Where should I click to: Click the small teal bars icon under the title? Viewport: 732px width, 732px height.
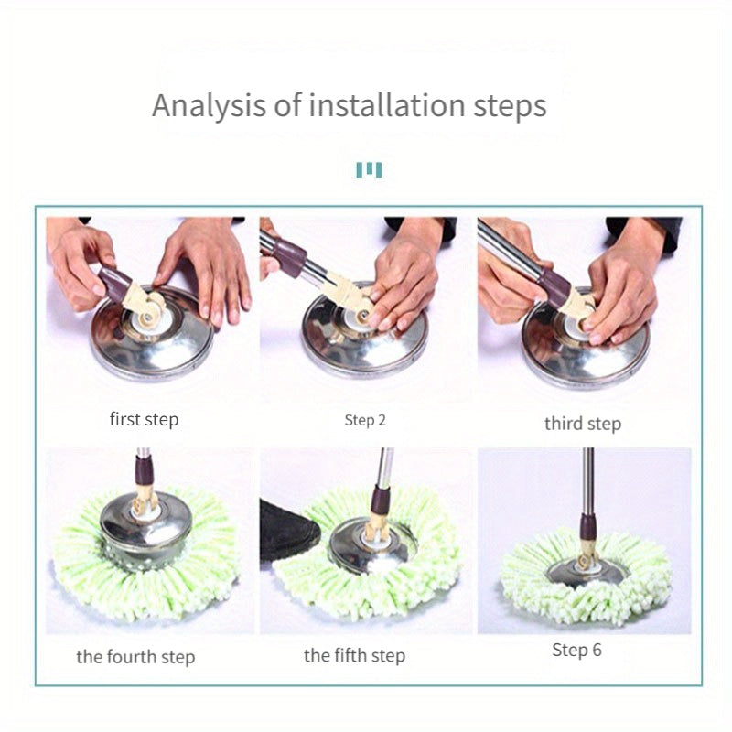(369, 169)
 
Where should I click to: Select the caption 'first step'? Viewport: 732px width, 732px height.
(144, 420)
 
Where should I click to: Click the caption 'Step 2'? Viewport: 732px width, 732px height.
(366, 421)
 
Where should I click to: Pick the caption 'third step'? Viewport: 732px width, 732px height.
(583, 423)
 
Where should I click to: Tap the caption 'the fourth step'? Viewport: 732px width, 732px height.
(135, 657)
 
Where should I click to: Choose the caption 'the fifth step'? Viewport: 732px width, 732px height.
(354, 655)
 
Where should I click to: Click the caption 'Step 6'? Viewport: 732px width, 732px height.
(577, 651)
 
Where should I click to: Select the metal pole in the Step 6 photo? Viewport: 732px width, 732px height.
(587, 476)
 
